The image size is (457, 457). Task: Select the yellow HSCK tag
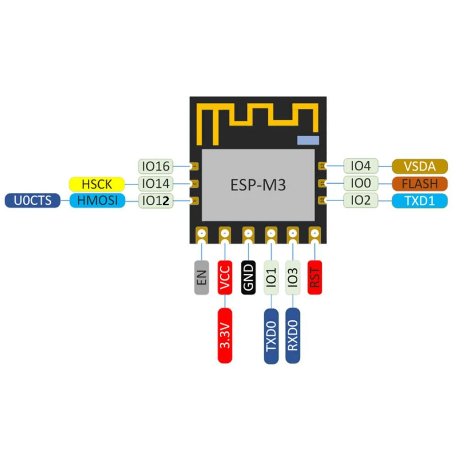96,184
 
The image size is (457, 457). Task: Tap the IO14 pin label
156,184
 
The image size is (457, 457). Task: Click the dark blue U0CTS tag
32,201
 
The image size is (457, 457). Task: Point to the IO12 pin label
156,201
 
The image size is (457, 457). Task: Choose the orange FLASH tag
420,184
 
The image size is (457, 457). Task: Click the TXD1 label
420,201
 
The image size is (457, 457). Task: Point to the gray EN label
202,277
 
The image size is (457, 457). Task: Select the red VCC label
225,277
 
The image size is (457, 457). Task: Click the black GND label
248,277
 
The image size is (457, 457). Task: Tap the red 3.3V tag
225,335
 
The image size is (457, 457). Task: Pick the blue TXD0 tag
271,335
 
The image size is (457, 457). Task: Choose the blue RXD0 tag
292,335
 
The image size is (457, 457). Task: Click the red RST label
315,277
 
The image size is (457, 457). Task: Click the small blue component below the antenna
307,141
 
